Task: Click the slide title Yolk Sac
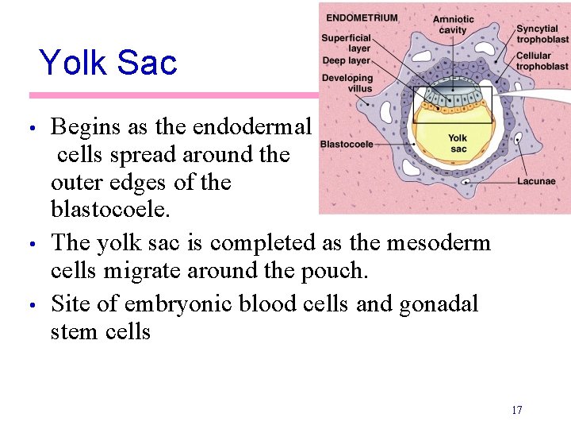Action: pyautogui.click(x=108, y=63)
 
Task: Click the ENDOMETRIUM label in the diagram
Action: pyautogui.click(x=362, y=17)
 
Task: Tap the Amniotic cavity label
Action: pyautogui.click(x=453, y=25)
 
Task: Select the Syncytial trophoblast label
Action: pyautogui.click(x=542, y=34)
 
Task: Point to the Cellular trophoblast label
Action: pyautogui.click(x=542, y=61)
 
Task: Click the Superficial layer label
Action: pyautogui.click(x=347, y=43)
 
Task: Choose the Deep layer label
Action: pyautogui.click(x=347, y=60)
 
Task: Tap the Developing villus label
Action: pyautogui.click(x=347, y=83)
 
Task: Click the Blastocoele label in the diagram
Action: pyautogui.click(x=347, y=145)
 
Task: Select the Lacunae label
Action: pyautogui.click(x=536, y=181)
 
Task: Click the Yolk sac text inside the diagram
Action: pyautogui.click(x=458, y=143)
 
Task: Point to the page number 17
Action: pyautogui.click(x=516, y=410)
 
